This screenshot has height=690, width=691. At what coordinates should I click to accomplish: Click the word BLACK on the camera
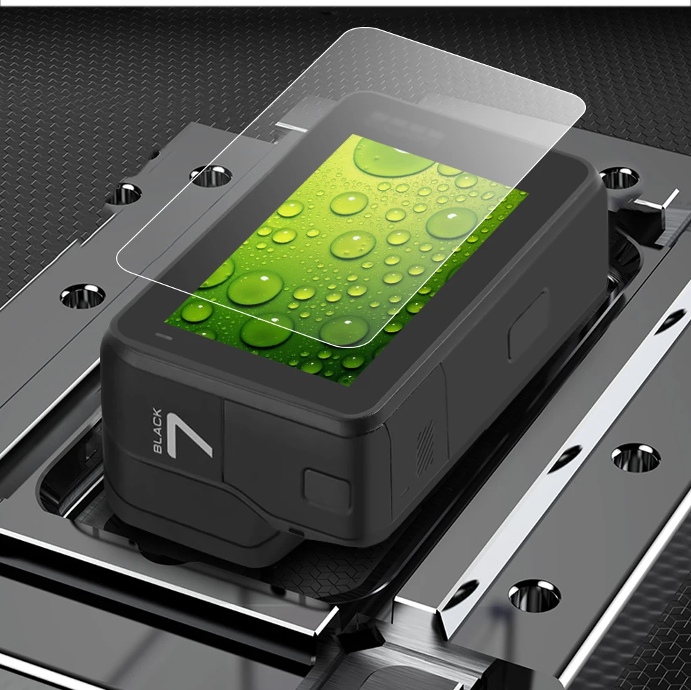pos(158,430)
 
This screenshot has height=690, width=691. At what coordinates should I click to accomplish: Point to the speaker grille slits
pos(425,444)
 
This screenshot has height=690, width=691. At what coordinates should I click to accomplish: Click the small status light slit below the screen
pos(164,337)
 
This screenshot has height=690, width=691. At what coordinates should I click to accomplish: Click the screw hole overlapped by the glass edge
pos(211,175)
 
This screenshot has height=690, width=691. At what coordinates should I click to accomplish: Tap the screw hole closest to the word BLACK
pos(82,296)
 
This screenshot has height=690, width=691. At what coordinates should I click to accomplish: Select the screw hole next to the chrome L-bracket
pos(619,177)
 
